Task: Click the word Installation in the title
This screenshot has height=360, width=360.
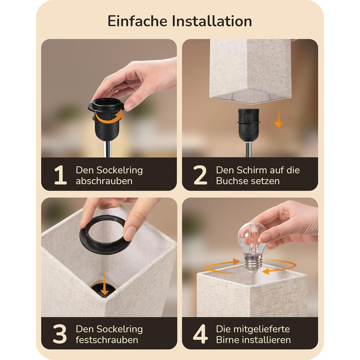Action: (212, 22)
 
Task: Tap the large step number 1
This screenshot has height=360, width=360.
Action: (60, 175)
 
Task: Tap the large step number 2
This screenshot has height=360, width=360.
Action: (200, 175)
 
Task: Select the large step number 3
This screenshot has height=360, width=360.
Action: (60, 334)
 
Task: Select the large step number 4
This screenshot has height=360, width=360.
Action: (201, 334)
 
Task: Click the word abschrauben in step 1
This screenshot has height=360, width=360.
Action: (104, 181)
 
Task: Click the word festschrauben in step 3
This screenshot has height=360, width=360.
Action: (107, 340)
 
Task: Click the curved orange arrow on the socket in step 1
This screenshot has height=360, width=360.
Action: (109, 117)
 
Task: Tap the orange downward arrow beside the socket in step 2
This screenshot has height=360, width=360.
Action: (279, 115)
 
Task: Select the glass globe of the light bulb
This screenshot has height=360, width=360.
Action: (252, 239)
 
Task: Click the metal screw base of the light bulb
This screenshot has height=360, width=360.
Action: (253, 263)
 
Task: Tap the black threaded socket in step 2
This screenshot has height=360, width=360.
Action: (249, 124)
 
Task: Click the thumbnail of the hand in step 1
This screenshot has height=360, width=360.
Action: (129, 106)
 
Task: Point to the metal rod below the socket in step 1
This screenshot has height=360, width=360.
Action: (108, 149)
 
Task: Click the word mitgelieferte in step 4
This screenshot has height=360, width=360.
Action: (253, 329)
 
